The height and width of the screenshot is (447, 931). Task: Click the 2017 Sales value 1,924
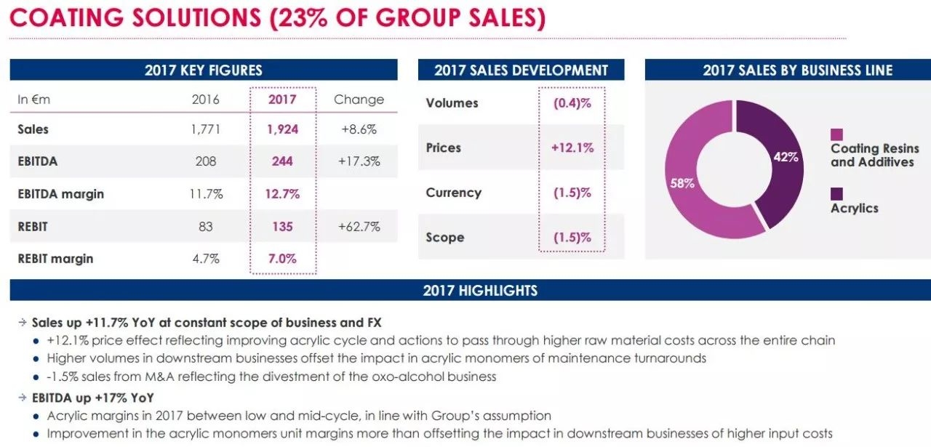pos(282,129)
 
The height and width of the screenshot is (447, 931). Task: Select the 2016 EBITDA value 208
pos(206,161)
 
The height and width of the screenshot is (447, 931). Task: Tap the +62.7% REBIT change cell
pos(359,227)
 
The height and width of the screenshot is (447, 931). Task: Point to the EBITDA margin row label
pos(60,194)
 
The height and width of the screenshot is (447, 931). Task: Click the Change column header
pos(359,100)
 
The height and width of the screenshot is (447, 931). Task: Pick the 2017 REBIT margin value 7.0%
pos(282,259)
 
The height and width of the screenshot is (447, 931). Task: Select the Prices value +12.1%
pos(572,148)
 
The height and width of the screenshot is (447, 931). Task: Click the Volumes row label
pos(452,103)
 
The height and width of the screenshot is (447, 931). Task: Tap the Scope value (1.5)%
pos(572,238)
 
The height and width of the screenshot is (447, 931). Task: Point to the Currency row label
pos(453,193)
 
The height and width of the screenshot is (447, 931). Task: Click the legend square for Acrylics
pos(837,193)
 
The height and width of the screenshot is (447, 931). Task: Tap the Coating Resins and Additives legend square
pos(837,134)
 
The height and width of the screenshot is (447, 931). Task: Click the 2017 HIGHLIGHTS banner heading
pos(480,291)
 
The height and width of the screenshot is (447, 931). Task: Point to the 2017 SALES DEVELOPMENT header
pos(521,71)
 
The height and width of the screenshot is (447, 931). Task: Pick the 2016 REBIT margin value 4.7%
pos(206,259)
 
